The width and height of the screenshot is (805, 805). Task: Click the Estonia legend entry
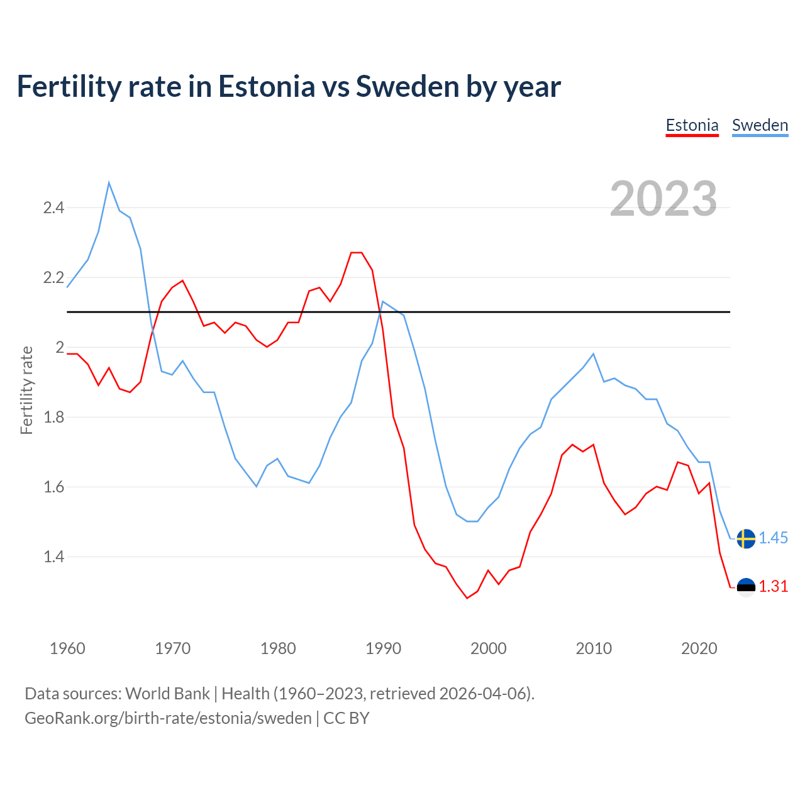(692, 125)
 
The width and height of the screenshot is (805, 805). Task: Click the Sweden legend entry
(760, 125)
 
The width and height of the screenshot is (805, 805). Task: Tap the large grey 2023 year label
(663, 199)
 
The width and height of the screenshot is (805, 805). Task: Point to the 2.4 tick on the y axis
(53, 208)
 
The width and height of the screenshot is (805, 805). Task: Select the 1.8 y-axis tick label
(53, 417)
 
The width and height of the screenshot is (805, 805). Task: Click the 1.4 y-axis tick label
(53, 557)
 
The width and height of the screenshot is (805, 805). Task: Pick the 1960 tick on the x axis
(67, 648)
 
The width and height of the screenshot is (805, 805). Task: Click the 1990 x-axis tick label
(383, 648)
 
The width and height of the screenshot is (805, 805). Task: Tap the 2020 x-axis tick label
(699, 648)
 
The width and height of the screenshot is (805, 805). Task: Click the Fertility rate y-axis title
(26, 390)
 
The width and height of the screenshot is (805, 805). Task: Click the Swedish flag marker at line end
(746, 538)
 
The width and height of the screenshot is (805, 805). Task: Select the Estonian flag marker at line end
(746, 587)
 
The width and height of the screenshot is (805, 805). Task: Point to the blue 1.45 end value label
(773, 538)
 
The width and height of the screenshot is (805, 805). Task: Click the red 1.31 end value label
(773, 587)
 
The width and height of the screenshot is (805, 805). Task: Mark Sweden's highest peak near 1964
(109, 183)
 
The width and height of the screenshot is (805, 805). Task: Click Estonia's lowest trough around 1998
(467, 597)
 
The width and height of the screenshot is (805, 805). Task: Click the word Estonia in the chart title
(266, 87)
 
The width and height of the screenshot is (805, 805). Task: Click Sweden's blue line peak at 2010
(593, 354)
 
